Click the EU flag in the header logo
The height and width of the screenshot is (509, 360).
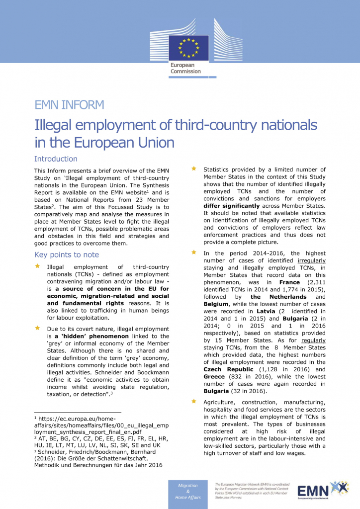click(183, 46)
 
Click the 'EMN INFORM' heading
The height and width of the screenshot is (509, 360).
click(69, 105)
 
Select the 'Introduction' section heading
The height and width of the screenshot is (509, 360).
click(56, 159)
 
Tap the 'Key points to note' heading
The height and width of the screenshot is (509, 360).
click(67, 255)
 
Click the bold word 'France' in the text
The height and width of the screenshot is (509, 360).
click(289, 282)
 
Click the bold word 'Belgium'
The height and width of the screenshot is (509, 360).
click(216, 304)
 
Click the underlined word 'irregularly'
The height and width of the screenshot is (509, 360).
click(311, 260)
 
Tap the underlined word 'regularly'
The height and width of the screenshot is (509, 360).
click(311, 340)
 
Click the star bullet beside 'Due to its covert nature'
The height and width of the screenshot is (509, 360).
click(37, 329)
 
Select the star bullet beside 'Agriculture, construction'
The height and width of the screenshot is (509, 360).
click(194, 402)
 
